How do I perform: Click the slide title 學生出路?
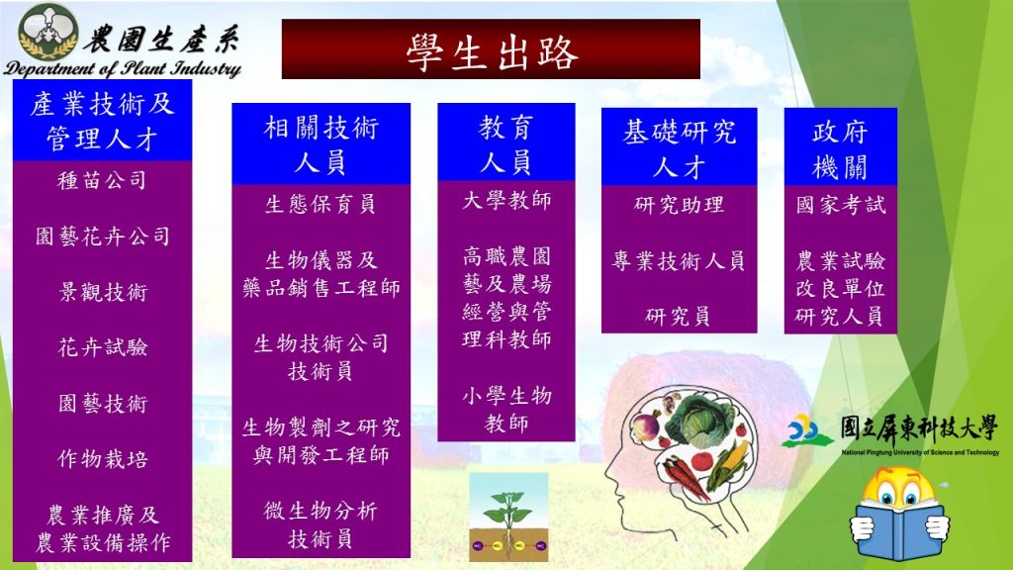(492, 52)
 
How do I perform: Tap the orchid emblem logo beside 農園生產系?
(48, 32)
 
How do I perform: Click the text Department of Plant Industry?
(123, 68)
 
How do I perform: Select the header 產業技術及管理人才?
(102, 121)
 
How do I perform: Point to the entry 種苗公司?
(102, 180)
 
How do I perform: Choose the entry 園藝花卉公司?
(103, 236)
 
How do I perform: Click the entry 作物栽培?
(103, 459)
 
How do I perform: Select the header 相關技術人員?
(322, 144)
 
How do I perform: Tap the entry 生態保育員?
(321, 204)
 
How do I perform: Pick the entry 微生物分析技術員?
(321, 524)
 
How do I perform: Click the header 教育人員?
(506, 144)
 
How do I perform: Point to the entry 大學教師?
(506, 200)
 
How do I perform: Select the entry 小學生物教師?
(506, 409)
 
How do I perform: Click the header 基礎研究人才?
(679, 149)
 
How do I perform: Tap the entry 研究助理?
(679, 205)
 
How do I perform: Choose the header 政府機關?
(840, 149)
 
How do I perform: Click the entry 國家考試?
(841, 205)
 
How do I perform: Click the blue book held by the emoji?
(900, 531)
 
